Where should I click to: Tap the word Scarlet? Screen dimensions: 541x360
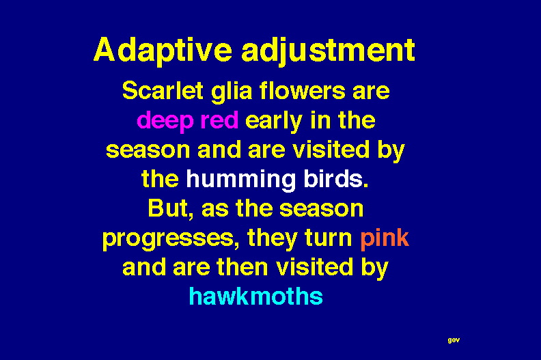pos(163,90)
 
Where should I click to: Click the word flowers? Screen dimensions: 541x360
pos(302,90)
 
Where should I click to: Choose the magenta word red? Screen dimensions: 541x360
pos(219,120)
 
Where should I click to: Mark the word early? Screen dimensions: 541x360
pos(274,122)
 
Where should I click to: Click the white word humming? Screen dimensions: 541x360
pos(241,180)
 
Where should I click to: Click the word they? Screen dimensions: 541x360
pos(273,239)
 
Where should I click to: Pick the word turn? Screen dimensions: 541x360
pos(329,238)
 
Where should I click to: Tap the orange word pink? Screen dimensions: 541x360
pos(385,239)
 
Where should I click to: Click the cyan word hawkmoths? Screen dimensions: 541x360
pos(256,296)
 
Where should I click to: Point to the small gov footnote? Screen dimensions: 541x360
pos(454,340)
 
